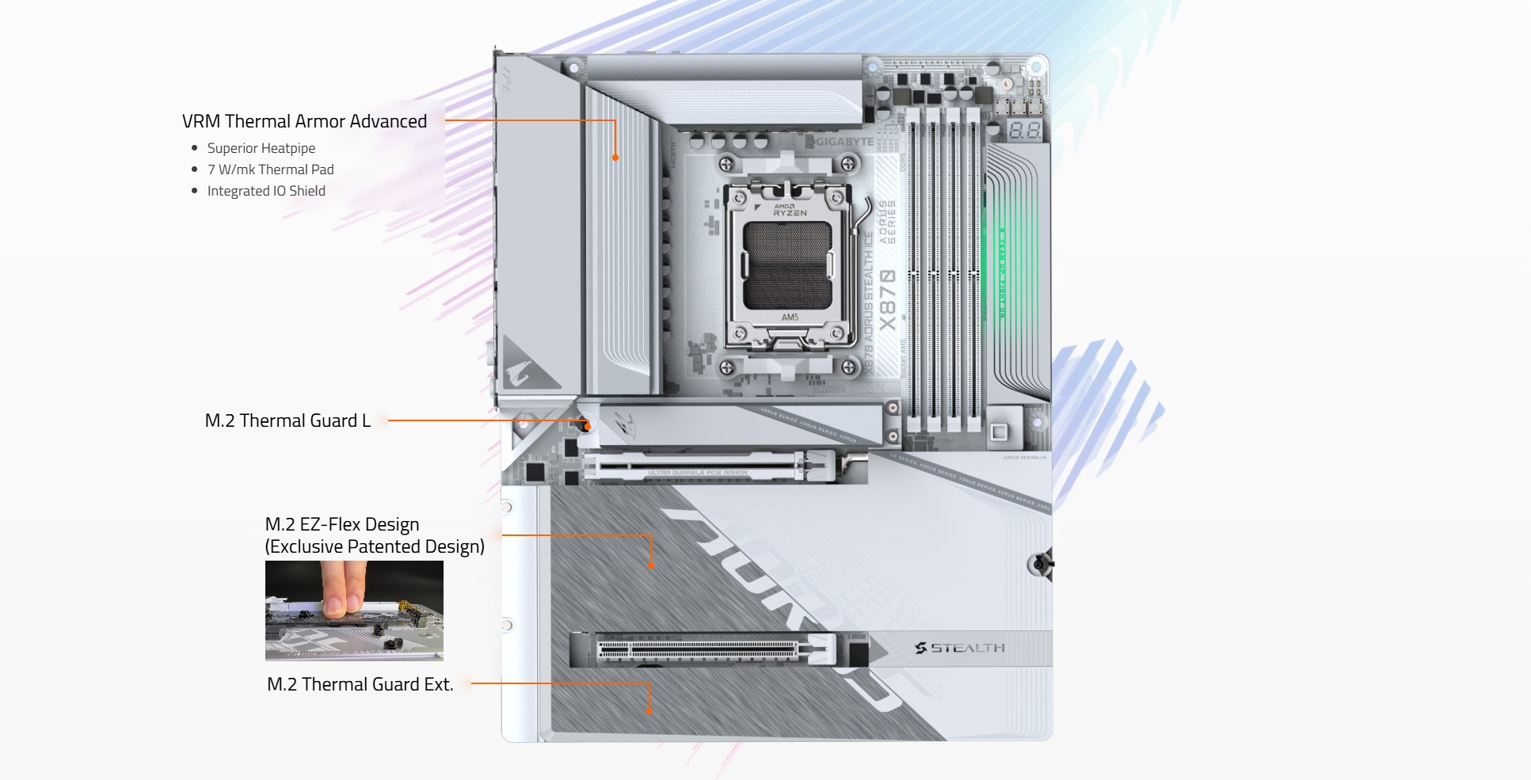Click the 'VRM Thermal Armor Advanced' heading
click(x=304, y=121)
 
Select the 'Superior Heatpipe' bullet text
click(x=261, y=148)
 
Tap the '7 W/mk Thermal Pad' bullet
click(x=270, y=169)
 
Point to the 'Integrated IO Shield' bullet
click(x=266, y=191)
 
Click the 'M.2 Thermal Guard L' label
click(x=288, y=420)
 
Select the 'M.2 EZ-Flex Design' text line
click(x=341, y=524)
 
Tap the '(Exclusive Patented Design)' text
click(x=374, y=546)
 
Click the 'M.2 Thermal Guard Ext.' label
click(x=360, y=684)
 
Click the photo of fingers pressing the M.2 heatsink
click(x=354, y=611)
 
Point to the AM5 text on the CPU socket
click(x=790, y=318)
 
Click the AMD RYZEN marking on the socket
click(x=789, y=210)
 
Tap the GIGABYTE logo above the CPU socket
click(x=843, y=142)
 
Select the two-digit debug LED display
click(x=1024, y=131)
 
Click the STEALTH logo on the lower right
click(x=960, y=648)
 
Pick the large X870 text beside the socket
click(x=888, y=300)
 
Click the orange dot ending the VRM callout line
click(x=615, y=158)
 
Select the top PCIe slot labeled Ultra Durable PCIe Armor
click(x=697, y=467)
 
